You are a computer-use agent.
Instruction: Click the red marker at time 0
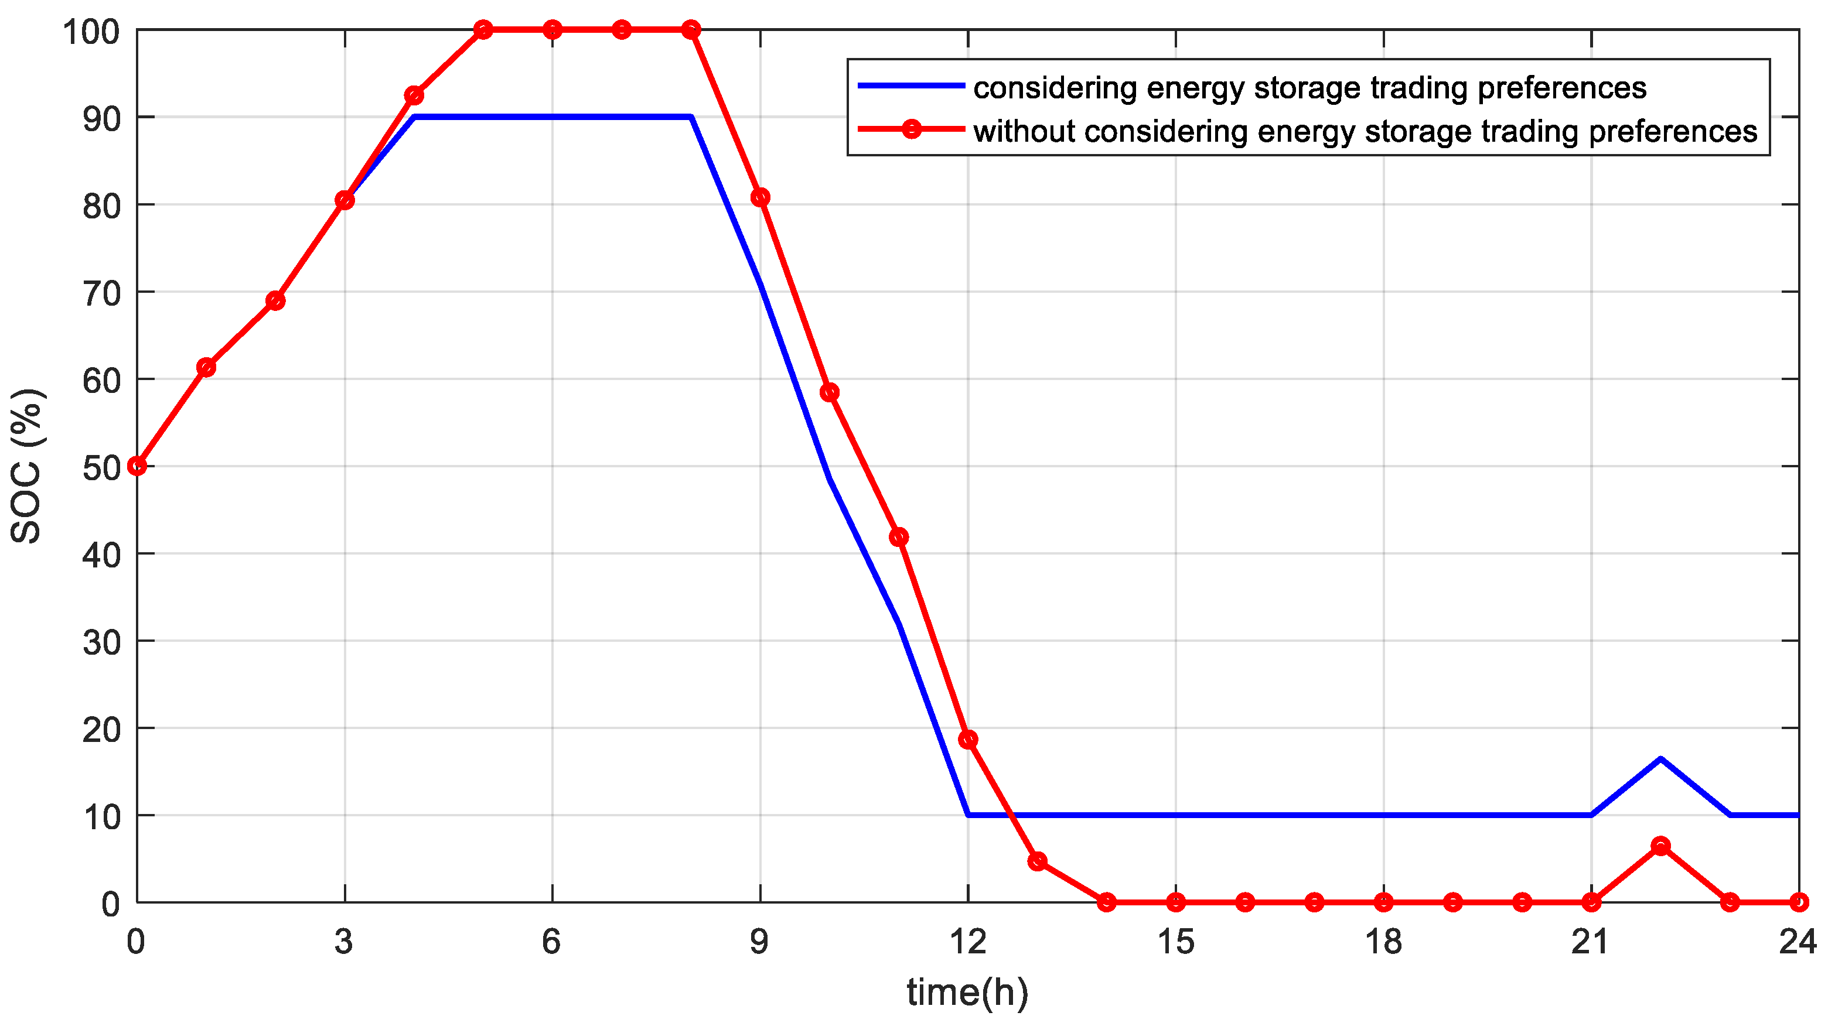pyautogui.click(x=137, y=466)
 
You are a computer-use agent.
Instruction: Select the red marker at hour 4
pyautogui.click(x=414, y=95)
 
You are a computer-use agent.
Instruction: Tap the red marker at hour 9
pyautogui.click(x=760, y=197)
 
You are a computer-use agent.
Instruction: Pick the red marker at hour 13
pyautogui.click(x=1038, y=861)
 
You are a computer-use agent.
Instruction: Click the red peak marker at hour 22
pyautogui.click(x=1660, y=846)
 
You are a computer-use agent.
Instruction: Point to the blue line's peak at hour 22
pyautogui.click(x=1660, y=758)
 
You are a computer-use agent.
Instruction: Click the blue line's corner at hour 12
pyautogui.click(x=968, y=815)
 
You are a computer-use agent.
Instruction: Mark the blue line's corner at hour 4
pyautogui.click(x=414, y=117)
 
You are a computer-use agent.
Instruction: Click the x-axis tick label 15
pyautogui.click(x=1176, y=942)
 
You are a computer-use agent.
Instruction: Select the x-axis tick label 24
pyautogui.click(x=1798, y=942)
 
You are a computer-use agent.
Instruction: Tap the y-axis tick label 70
pyautogui.click(x=102, y=293)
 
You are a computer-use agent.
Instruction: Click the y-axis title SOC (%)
pyautogui.click(x=27, y=466)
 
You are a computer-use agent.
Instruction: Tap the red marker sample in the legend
pyautogui.click(x=911, y=130)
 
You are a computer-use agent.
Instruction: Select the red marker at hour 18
pyautogui.click(x=1384, y=902)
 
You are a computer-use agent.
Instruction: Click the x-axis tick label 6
pyautogui.click(x=551, y=942)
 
